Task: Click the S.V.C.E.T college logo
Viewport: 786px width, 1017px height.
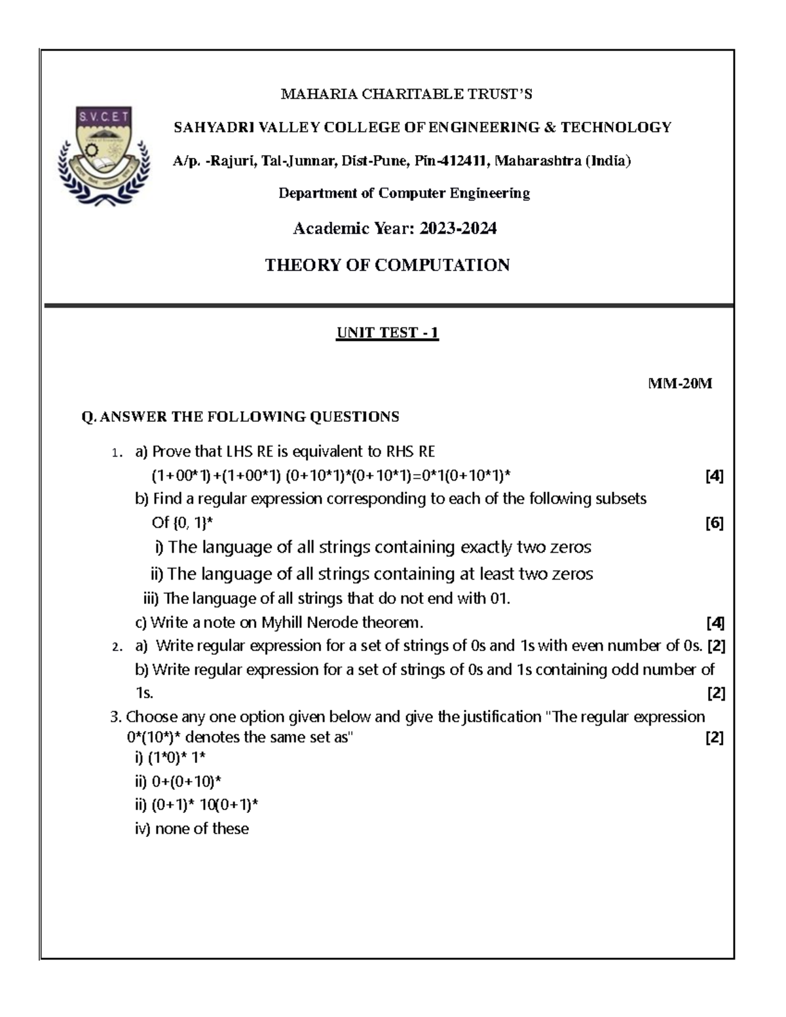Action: pos(104,157)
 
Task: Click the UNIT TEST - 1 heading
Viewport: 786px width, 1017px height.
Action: pos(387,333)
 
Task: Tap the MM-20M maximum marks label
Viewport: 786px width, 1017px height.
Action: pos(679,384)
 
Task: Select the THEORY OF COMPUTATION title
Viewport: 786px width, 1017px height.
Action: pos(387,265)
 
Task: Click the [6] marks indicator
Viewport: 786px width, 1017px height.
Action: pos(714,523)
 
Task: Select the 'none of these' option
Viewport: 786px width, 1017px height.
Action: pos(202,829)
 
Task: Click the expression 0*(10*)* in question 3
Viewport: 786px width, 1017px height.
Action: pos(155,738)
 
